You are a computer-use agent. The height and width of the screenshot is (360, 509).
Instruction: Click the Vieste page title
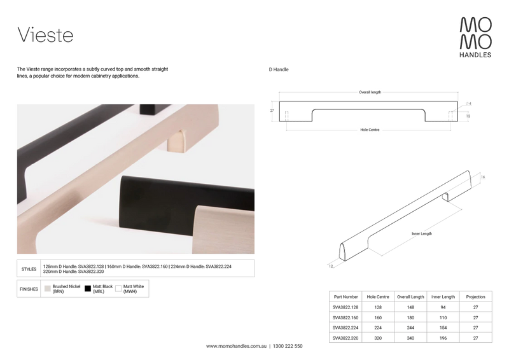point(45,35)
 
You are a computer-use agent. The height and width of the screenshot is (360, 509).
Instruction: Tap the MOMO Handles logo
point(475,38)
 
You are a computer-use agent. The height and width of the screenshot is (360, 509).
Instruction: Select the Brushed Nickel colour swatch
point(48,289)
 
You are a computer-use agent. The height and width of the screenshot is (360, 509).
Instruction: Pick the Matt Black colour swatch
point(88,289)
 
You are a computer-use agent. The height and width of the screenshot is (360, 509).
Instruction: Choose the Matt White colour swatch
point(118,289)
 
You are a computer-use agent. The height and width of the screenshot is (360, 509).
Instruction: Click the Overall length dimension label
point(370,92)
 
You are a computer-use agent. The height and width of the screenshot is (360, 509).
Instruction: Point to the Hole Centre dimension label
point(370,130)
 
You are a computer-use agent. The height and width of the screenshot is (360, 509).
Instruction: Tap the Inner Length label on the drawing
point(422,233)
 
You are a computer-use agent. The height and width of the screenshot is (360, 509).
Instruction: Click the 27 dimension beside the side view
point(272,111)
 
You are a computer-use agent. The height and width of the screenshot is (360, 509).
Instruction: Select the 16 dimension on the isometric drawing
point(483,177)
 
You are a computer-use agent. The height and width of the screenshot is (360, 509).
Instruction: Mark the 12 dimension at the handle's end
point(331,267)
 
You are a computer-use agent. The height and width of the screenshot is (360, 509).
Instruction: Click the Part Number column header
point(345,297)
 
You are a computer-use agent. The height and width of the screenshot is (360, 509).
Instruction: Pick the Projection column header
point(475,297)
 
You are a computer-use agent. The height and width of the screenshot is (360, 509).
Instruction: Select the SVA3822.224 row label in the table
point(345,328)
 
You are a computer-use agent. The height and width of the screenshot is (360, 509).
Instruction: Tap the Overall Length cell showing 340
point(410,338)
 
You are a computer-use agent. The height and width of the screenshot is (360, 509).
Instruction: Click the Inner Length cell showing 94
point(443,307)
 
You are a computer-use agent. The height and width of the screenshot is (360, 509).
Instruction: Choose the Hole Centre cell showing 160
point(378,318)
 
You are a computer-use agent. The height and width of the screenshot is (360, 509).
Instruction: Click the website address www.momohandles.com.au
point(236,347)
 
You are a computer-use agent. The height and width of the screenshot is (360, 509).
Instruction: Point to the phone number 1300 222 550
point(288,347)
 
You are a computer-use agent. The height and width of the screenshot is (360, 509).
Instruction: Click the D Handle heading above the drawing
point(279,69)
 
